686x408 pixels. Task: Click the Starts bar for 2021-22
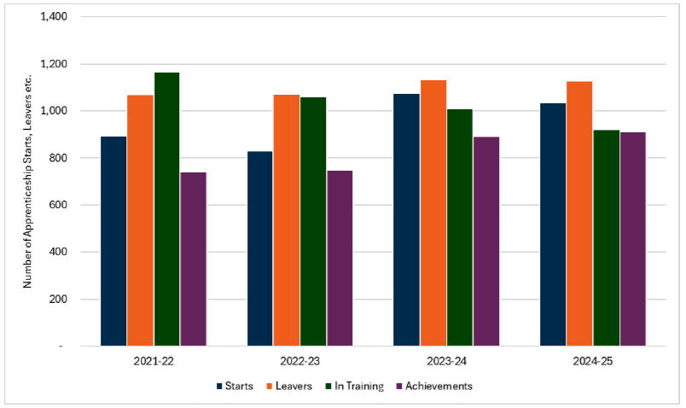tap(113, 242)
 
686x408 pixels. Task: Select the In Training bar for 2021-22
tap(167, 209)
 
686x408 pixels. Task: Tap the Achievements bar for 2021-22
tap(194, 259)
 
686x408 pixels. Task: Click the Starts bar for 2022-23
tap(260, 248)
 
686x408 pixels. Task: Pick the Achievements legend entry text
tap(439, 387)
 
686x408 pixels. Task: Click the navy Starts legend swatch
tap(220, 387)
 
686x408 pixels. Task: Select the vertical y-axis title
tap(27, 182)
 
